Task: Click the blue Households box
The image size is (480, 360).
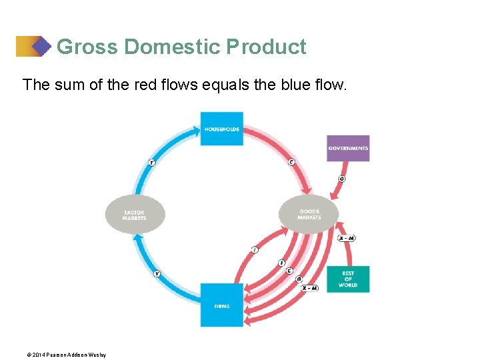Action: (221, 129)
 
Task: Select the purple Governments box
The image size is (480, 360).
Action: (348, 148)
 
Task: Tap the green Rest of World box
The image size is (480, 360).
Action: (348, 279)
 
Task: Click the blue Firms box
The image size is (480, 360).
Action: (221, 305)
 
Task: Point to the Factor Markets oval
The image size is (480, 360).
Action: (135, 215)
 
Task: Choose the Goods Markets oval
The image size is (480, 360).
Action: (309, 215)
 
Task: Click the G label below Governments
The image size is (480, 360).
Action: (342, 179)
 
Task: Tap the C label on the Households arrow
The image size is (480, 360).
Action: (291, 162)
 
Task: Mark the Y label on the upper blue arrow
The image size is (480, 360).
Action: (151, 162)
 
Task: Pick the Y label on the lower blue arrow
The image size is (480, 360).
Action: (157, 273)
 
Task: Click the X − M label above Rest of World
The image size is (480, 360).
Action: (346, 238)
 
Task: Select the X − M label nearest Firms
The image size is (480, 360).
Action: (309, 288)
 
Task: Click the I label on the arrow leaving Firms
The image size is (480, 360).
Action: (255, 249)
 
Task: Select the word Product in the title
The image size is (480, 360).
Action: (266, 47)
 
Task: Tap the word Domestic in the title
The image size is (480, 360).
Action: (172, 47)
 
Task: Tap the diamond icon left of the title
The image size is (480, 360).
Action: (41, 47)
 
